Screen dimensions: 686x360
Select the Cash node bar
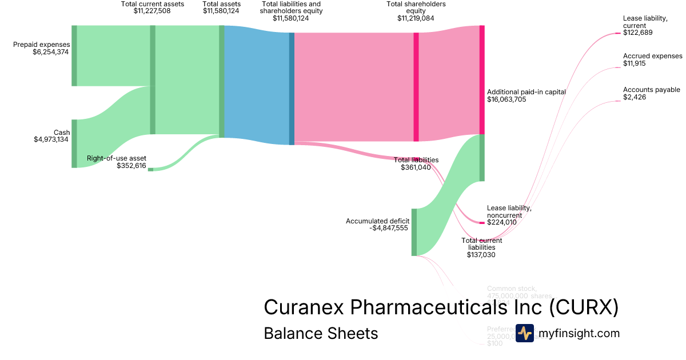coord(74,143)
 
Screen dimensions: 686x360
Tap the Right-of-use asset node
coord(150,169)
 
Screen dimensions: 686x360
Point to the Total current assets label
coord(153,4)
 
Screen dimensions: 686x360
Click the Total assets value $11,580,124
coord(221,11)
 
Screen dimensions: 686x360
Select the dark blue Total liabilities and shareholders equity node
coord(292,89)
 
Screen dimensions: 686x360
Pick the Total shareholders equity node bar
coord(416,87)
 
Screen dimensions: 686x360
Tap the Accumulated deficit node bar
coord(414,232)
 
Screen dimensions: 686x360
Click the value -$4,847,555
coord(389,229)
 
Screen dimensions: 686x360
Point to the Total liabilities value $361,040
coord(420,168)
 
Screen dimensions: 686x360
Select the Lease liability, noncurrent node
coord(481,222)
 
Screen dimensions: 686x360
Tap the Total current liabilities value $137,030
coord(481,255)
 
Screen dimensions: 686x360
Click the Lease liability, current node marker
coord(618,33)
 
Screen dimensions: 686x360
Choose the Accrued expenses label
coord(652,56)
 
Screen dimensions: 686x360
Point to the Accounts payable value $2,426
coord(635,97)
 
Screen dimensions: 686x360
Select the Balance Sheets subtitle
coord(321,333)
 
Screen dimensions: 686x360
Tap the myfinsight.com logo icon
coord(524,333)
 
